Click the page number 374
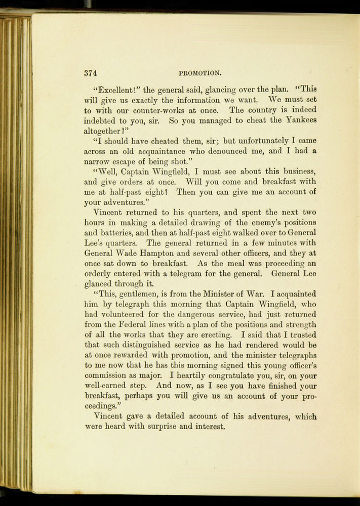pos(91,73)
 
